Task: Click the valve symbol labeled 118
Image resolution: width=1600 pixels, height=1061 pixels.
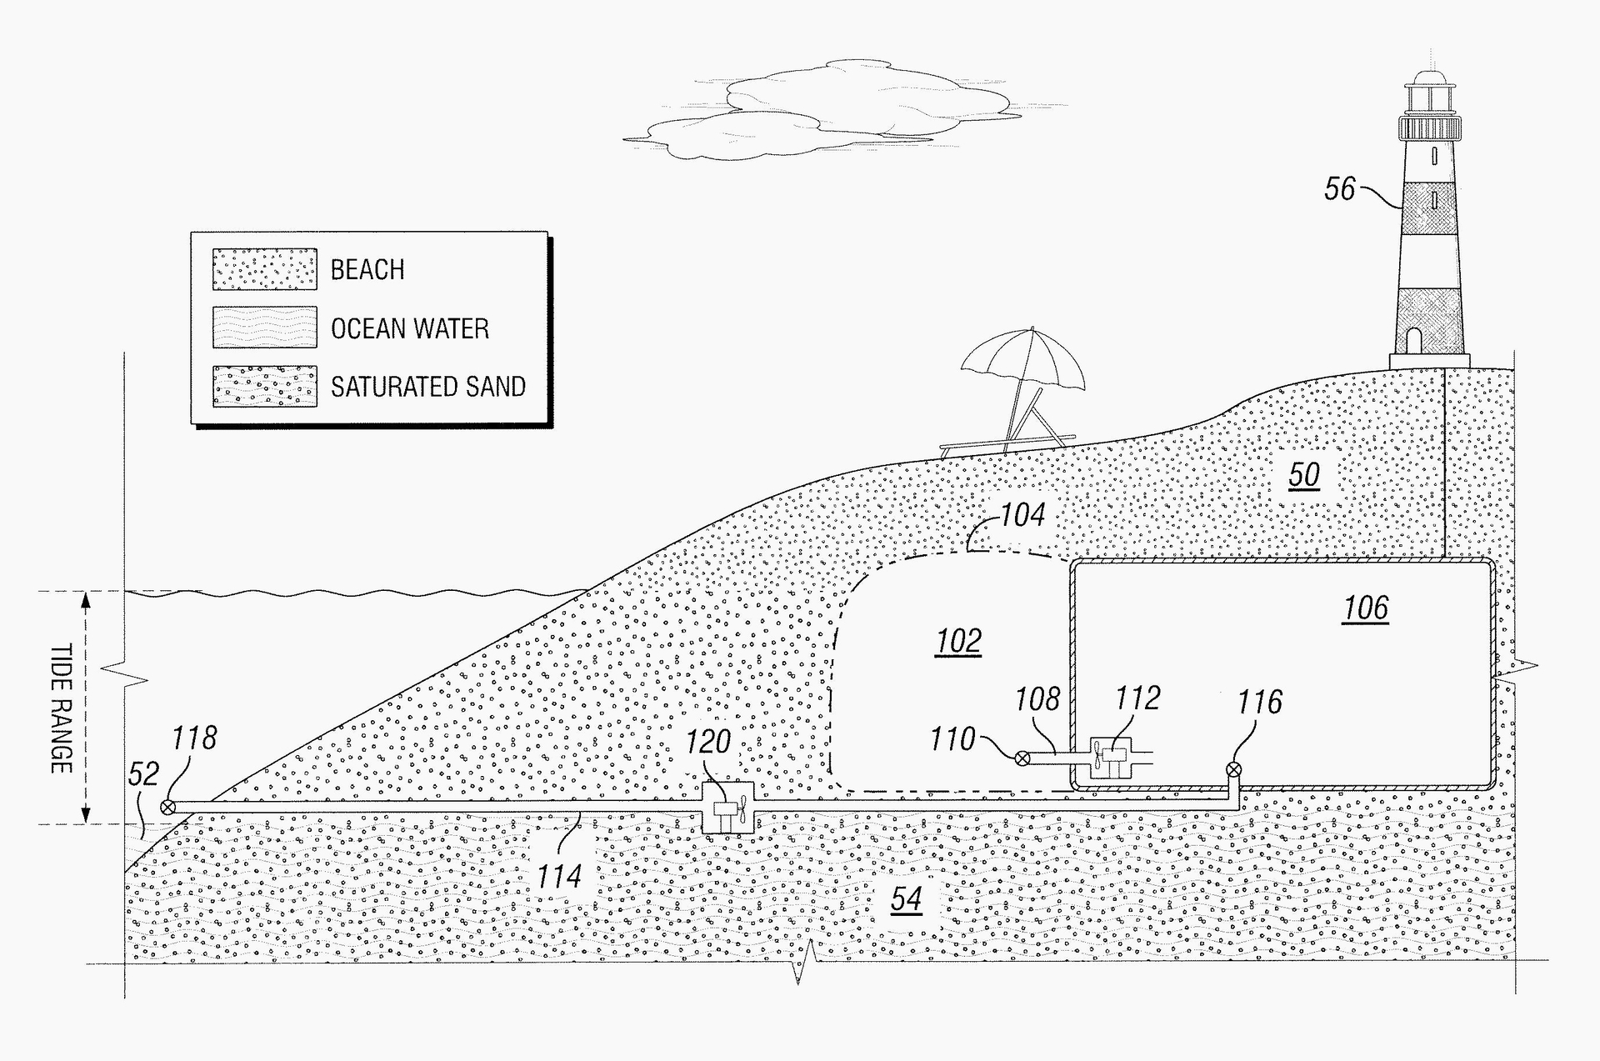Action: point(167,807)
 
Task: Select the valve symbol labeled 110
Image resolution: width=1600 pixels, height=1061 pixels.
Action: point(1022,758)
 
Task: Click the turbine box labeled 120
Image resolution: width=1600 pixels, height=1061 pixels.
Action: point(727,807)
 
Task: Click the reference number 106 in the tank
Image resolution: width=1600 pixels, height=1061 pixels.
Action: point(1366,608)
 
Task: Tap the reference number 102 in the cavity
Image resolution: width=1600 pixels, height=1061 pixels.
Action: point(958,641)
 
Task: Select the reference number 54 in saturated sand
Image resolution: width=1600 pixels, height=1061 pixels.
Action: point(907,898)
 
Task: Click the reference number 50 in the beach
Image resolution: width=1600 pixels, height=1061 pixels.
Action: point(1304,475)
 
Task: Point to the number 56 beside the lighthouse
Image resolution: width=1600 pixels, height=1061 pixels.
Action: point(1340,188)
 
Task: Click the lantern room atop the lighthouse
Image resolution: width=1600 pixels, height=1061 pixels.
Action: point(1430,101)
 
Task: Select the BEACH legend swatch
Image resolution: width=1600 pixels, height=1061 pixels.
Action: point(264,268)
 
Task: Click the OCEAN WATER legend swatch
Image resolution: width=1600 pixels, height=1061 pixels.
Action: point(264,327)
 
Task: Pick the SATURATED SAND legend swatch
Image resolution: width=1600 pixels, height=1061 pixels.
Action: point(264,386)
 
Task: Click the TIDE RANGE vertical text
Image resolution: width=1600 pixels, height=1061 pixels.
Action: point(61,708)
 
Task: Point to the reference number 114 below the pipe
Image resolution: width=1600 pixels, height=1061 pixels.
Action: point(558,876)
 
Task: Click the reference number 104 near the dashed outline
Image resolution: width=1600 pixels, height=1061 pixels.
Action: point(1022,515)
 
